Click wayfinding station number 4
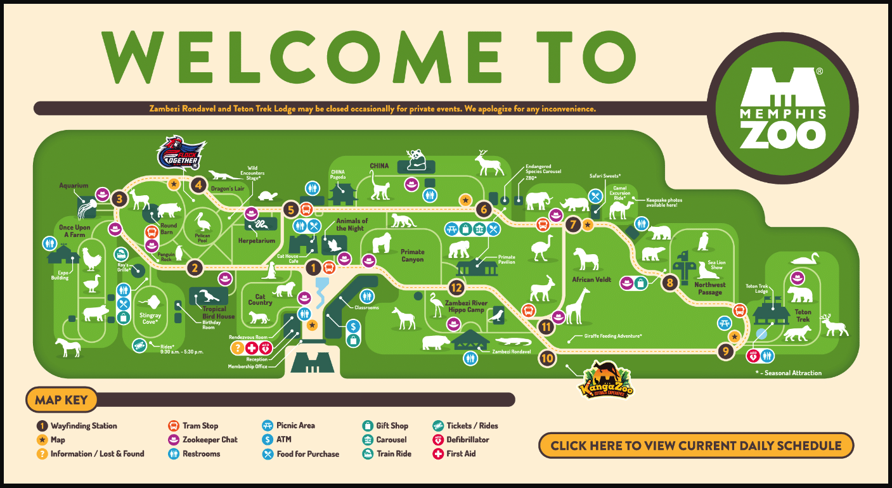point(199,185)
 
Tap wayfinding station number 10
point(547,358)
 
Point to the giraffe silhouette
point(577,306)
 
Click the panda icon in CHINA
point(416,158)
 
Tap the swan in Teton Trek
point(806,259)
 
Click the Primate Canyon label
point(412,255)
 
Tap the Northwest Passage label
point(709,289)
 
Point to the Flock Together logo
point(182,153)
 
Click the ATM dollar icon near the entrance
point(354,326)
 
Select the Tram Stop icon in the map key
point(173,426)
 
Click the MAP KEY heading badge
point(61,400)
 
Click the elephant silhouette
point(539,202)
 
